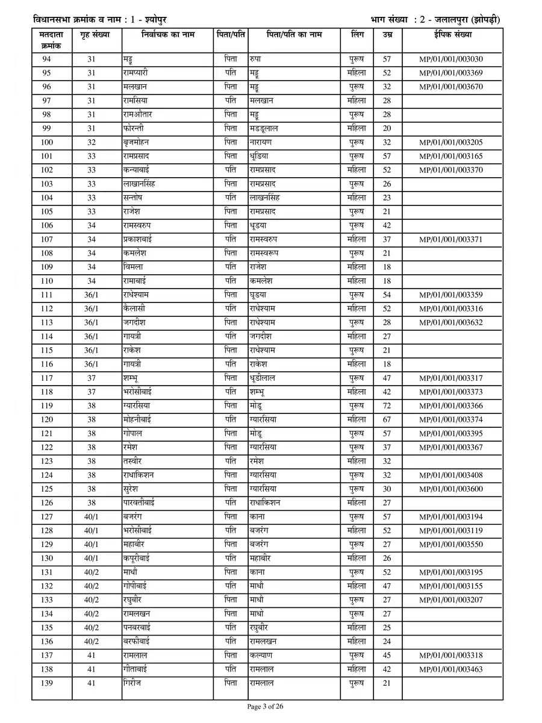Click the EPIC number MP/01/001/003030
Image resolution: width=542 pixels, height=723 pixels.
pos(451,59)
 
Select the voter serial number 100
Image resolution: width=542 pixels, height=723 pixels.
pos(47,142)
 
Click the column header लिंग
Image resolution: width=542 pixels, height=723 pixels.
pos(357,35)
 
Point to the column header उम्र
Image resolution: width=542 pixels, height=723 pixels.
pos(387,35)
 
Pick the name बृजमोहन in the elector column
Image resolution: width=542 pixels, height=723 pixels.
pos(135,142)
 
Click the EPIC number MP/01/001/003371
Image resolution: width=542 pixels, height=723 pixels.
pos(451,239)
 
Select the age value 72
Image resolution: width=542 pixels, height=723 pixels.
pos(387,405)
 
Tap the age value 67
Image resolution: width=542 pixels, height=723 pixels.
pos(387,419)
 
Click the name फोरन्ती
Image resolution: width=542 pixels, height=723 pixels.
pos(133,128)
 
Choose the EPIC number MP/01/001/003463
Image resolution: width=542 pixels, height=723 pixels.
pos(451,669)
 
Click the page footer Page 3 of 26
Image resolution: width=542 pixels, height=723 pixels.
pos(270,706)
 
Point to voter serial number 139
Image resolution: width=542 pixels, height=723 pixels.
pos(47,683)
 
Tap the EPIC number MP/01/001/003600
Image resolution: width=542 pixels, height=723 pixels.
pos(451,489)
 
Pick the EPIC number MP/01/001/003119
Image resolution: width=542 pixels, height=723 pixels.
pos(451,530)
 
